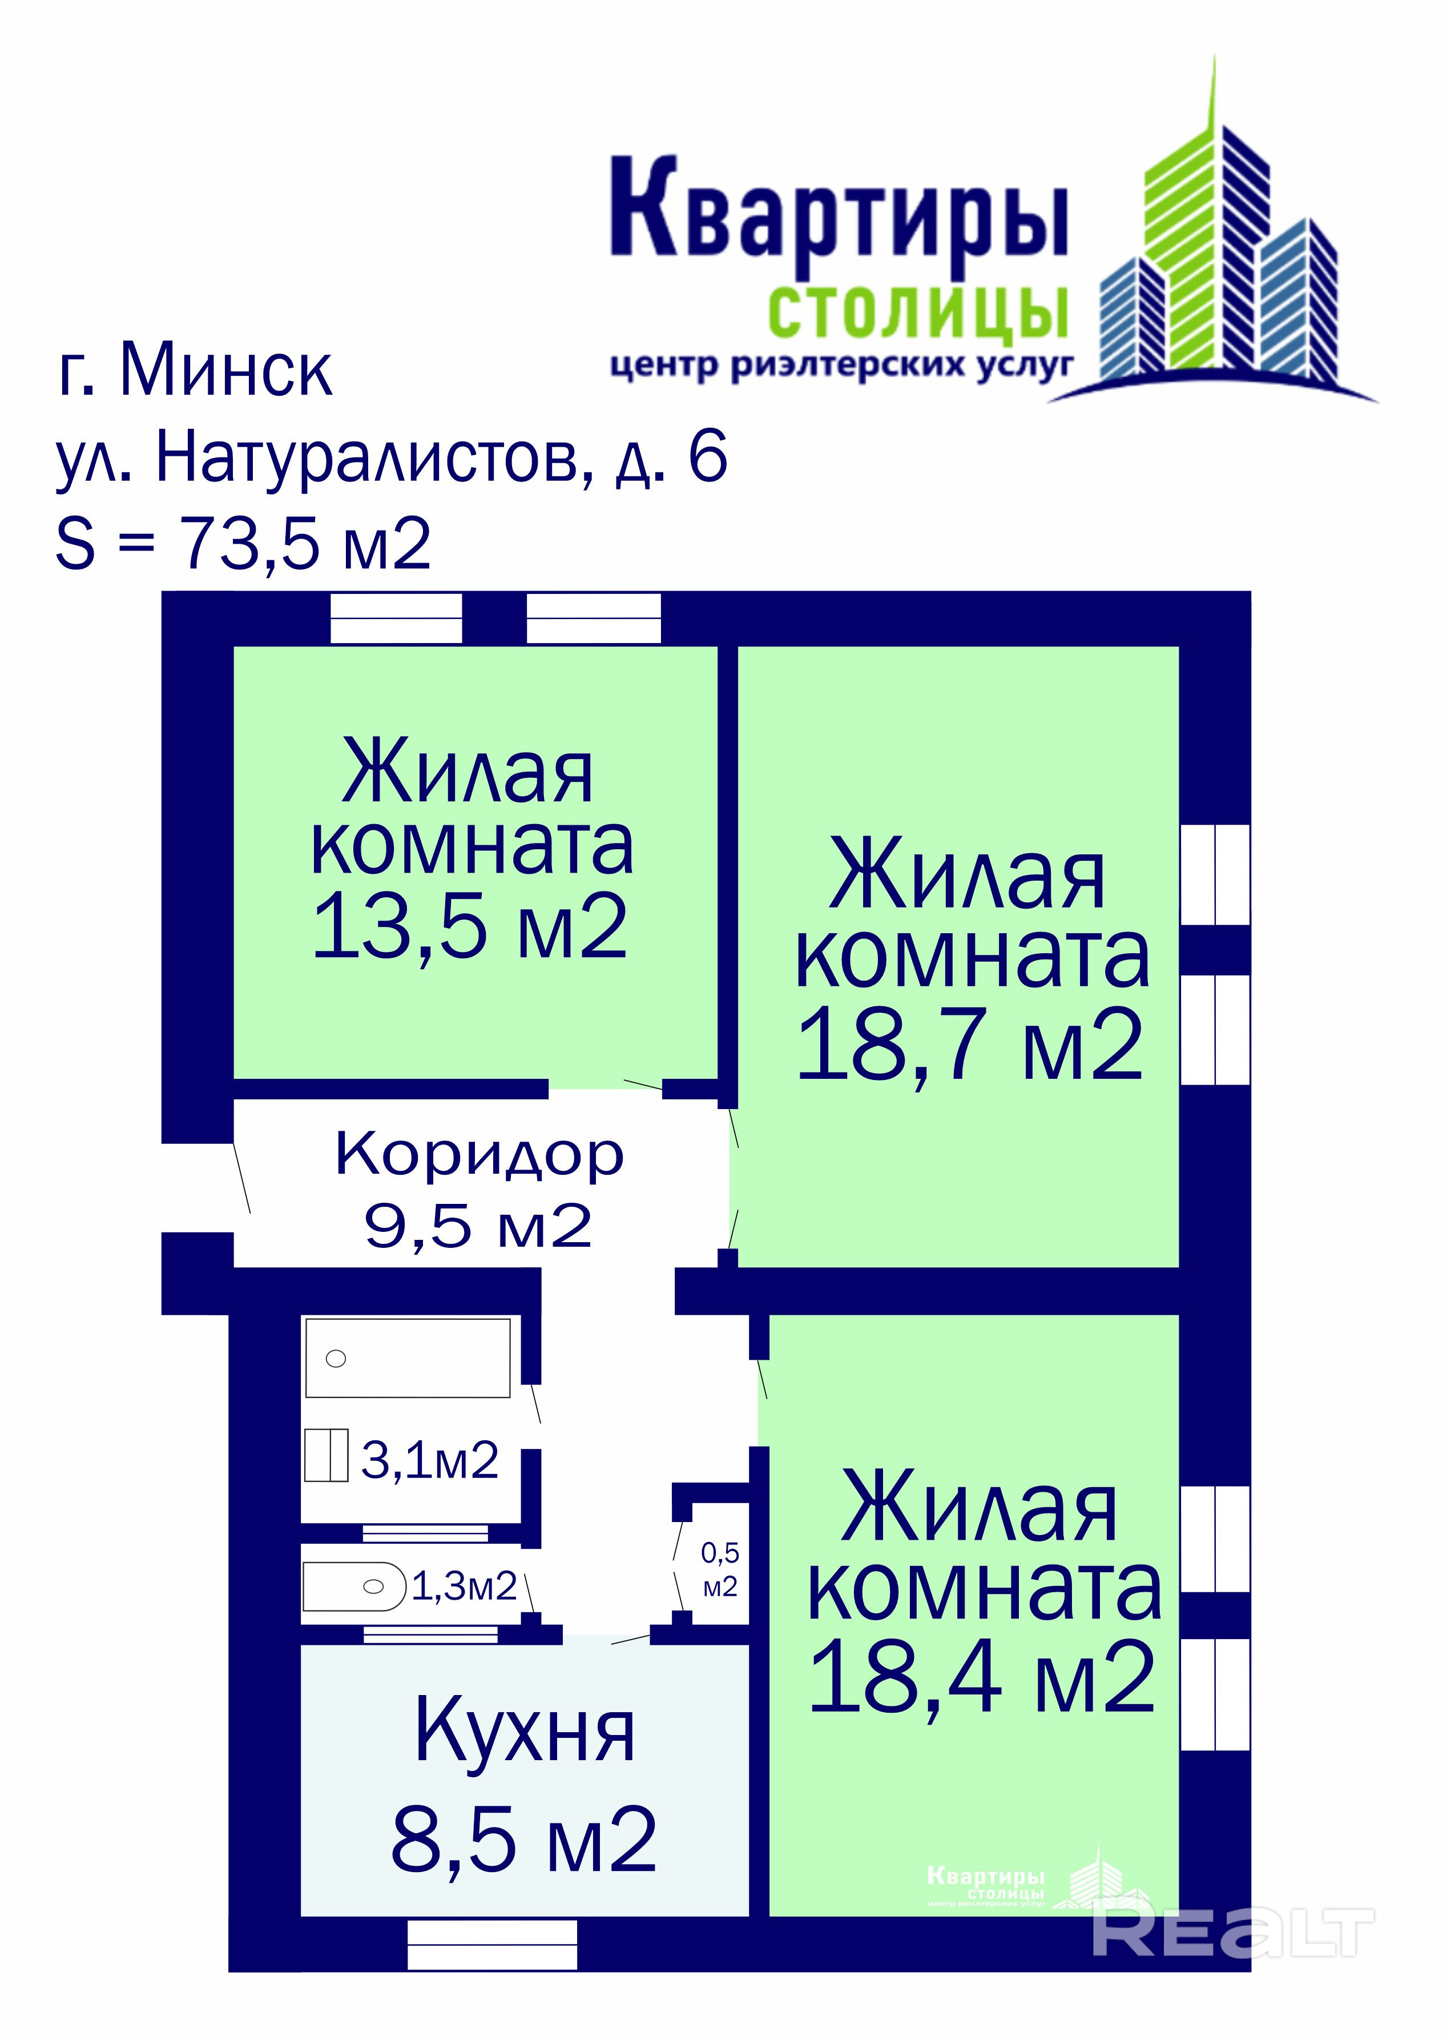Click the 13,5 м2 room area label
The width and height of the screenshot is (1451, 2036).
coord(470,927)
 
